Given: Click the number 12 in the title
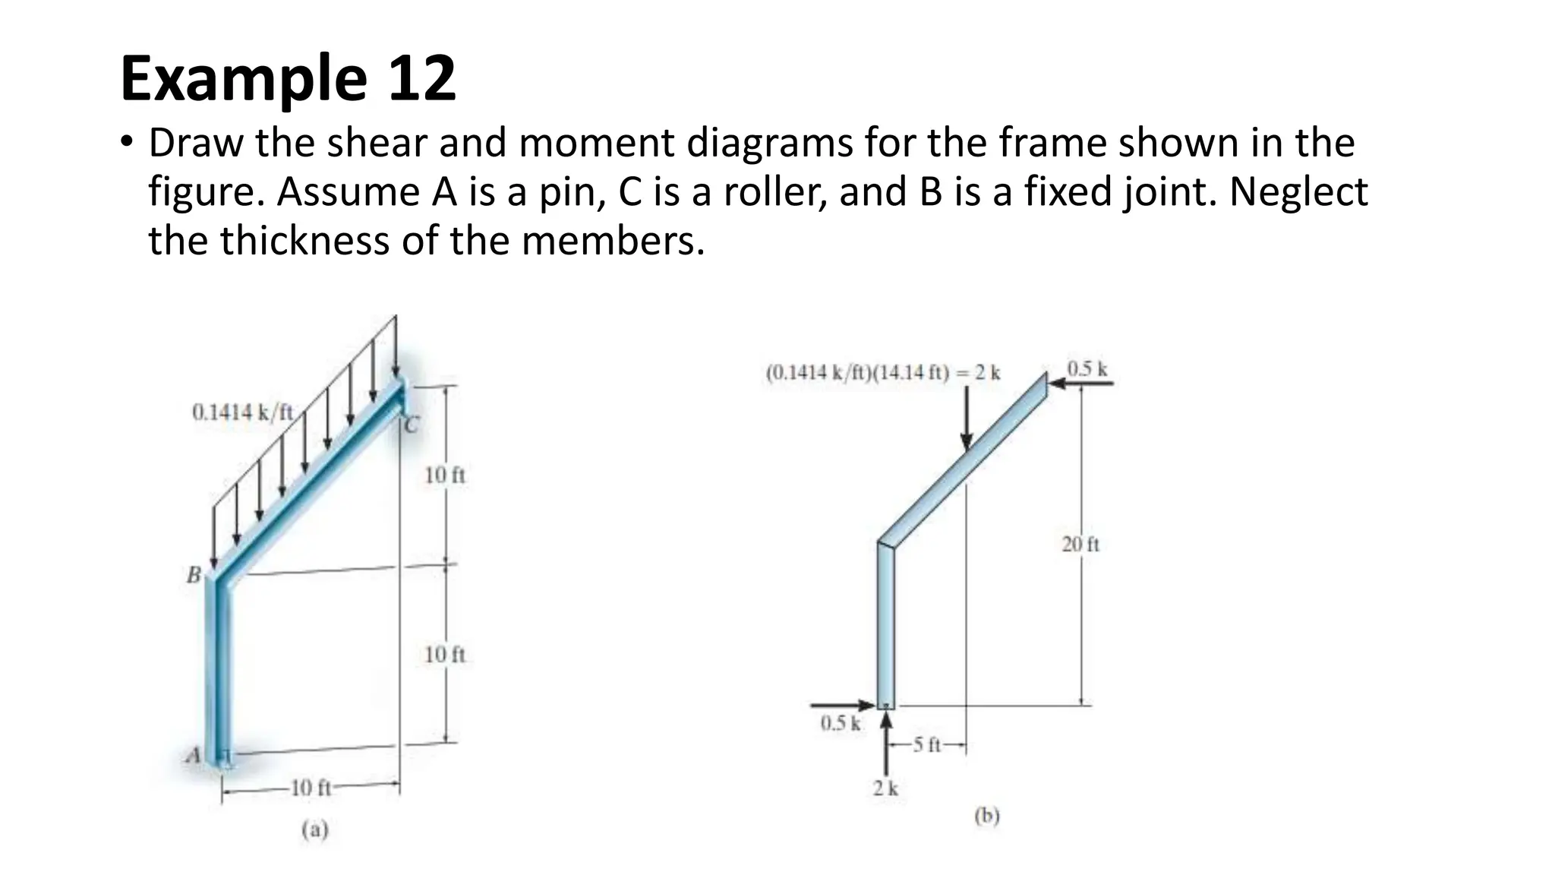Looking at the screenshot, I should click(x=422, y=78).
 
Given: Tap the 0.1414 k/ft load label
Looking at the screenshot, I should click(x=242, y=412).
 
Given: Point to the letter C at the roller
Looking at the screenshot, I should click(x=411, y=425).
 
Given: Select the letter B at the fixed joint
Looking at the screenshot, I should click(x=194, y=575).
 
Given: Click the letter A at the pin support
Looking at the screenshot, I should click(x=194, y=756).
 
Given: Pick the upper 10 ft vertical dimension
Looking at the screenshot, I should click(x=444, y=475).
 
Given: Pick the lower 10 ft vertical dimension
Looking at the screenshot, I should click(x=444, y=654).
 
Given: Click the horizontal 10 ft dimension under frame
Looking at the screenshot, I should click(x=311, y=788).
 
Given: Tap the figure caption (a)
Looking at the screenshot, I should click(x=315, y=829).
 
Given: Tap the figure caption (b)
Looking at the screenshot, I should click(x=987, y=816).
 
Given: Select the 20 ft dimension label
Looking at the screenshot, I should click(x=1080, y=544).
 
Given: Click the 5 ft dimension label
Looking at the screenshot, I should click(x=928, y=745).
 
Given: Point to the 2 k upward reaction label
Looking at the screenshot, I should click(x=885, y=788).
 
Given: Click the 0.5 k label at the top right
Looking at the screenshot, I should click(x=1087, y=369).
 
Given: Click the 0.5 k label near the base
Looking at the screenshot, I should click(x=841, y=722).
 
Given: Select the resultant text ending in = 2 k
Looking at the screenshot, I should click(x=883, y=373).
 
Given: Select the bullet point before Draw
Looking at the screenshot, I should click(x=126, y=143).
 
